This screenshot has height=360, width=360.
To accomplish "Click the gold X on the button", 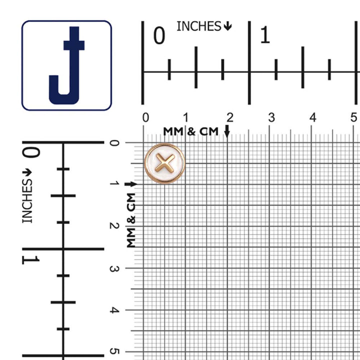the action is click(165, 163).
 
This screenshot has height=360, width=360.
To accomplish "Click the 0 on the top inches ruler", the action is click(159, 35).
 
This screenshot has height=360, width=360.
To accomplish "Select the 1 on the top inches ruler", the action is click(265, 35).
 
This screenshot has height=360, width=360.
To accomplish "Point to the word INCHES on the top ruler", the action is click(199, 26).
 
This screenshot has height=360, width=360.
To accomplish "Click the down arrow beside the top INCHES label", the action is click(228, 26).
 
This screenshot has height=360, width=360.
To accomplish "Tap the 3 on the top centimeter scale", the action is click(271, 117).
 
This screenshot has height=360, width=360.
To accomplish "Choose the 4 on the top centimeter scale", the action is click(312, 117).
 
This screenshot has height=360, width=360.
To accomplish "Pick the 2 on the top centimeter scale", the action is click(230, 117).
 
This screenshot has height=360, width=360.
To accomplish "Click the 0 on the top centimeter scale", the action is click(145, 117).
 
